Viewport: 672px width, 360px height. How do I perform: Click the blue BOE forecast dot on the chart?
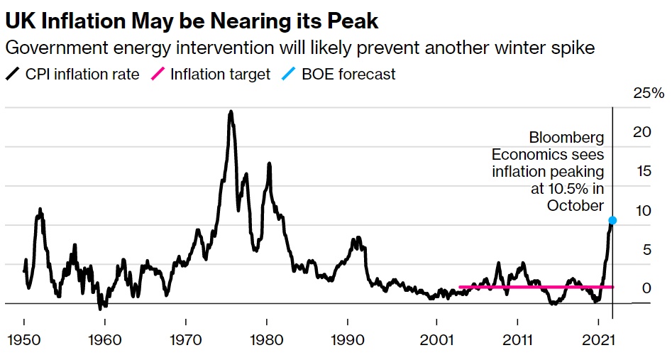pyautogui.click(x=612, y=220)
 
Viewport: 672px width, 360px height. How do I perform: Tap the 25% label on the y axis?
pyautogui.click(x=647, y=93)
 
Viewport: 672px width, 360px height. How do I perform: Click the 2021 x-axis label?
pyautogui.click(x=597, y=340)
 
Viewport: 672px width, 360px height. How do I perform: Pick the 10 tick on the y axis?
pyautogui.click(x=641, y=210)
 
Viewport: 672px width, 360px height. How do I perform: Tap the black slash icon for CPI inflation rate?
pyautogui.click(x=12, y=74)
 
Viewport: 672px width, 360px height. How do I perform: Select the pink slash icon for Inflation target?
pyautogui.click(x=160, y=74)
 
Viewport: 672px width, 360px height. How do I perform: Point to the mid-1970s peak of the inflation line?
pyautogui.click(x=231, y=111)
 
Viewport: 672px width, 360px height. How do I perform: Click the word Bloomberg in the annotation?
pyautogui.click(x=566, y=138)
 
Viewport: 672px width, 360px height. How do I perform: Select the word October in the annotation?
pyautogui.click(x=575, y=205)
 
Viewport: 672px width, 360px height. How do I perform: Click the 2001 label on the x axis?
pyautogui.click(x=434, y=340)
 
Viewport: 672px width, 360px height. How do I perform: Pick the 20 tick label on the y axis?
pyautogui.click(x=641, y=131)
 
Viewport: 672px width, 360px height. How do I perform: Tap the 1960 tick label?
pyautogui.click(x=104, y=340)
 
